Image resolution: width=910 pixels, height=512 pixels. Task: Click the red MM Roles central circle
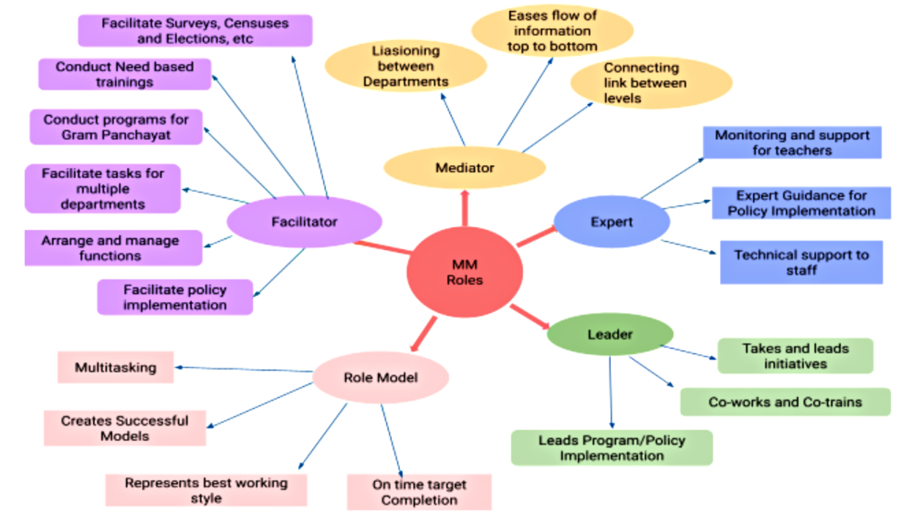[x=464, y=272]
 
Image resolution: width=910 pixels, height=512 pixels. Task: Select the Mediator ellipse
[x=464, y=168]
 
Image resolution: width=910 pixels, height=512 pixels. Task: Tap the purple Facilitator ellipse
[x=304, y=221]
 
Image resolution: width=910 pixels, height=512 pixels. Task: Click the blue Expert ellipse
[x=611, y=222]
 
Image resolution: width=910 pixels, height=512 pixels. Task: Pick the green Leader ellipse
[x=610, y=334]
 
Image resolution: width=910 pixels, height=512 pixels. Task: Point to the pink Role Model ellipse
[x=381, y=377]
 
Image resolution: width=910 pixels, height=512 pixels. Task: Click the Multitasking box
[x=116, y=367]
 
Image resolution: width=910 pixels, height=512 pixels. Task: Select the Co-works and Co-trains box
[x=785, y=402]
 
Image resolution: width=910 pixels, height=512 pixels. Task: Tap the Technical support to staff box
[x=801, y=263]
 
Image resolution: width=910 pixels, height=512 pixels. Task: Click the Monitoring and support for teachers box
[x=792, y=142]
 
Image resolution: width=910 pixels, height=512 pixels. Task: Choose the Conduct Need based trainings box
[x=125, y=74]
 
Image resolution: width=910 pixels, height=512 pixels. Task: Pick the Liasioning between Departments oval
[x=406, y=66]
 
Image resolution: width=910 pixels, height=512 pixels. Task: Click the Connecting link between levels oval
[x=651, y=83]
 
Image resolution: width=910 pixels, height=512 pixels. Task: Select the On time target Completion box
[x=419, y=492]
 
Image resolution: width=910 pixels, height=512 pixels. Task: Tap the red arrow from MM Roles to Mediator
[x=464, y=209]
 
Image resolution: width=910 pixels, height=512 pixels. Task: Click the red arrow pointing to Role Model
[x=424, y=334]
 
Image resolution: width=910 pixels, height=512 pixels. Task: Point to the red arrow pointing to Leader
[x=529, y=316]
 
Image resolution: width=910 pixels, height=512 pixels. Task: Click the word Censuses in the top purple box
[x=256, y=23]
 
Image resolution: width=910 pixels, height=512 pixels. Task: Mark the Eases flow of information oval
[x=552, y=31]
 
